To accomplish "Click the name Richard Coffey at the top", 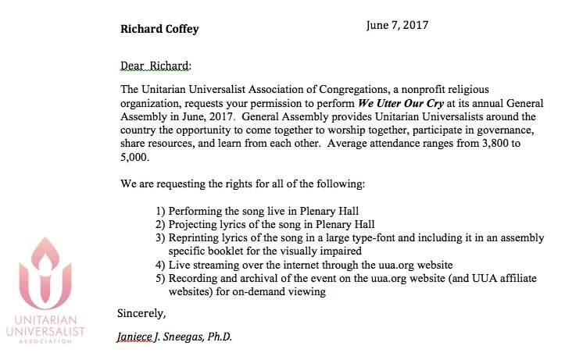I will click(159, 30).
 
